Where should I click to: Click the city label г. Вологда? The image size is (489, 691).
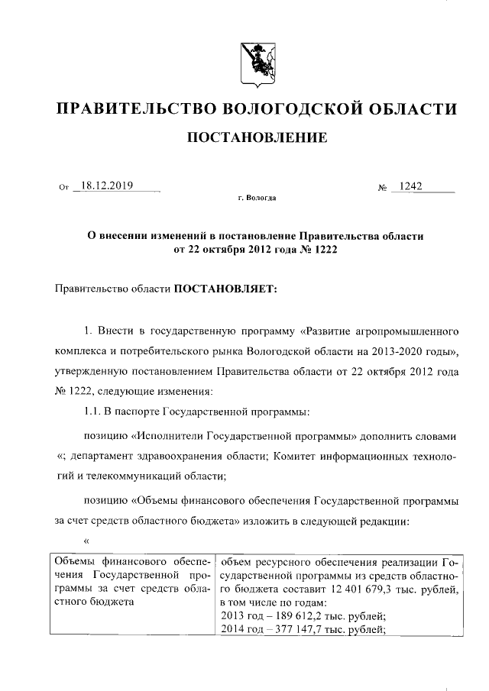[x=257, y=198]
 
